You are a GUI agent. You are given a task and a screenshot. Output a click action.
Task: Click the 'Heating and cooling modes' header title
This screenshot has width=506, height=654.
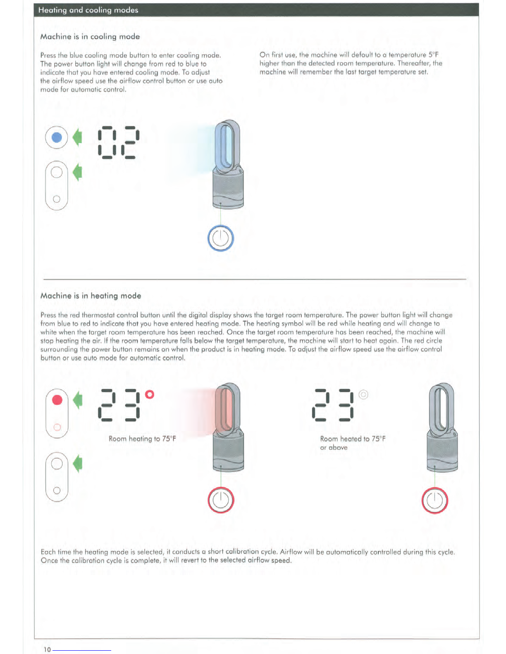tap(88, 10)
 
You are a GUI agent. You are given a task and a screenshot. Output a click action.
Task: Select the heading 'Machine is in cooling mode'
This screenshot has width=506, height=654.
tap(90, 37)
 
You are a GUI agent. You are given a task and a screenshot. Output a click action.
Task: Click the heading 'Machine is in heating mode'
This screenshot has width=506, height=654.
tap(91, 296)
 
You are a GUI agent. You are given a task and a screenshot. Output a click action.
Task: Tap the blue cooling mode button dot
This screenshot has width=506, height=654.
tap(57, 137)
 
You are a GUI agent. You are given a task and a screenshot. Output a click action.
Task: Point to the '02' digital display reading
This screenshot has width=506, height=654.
tap(118, 142)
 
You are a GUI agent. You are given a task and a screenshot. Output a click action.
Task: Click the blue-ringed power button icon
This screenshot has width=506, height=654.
tap(221, 238)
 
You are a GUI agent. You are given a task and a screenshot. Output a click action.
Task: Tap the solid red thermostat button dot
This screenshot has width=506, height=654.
tap(57, 400)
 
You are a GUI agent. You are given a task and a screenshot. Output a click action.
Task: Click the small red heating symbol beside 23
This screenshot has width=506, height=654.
tap(150, 394)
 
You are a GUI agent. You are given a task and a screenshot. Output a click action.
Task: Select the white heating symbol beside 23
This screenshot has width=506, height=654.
tap(363, 394)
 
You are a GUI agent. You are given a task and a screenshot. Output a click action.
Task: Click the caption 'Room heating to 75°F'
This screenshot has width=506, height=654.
tap(142, 438)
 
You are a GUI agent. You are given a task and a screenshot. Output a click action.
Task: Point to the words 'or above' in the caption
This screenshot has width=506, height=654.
tap(334, 448)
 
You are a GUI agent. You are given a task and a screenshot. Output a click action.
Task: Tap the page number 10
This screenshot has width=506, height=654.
tap(47, 649)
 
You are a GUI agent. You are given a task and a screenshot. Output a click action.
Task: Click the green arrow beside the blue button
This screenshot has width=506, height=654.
tap(77, 137)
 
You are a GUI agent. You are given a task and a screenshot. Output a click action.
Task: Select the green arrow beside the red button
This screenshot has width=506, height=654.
tap(78, 400)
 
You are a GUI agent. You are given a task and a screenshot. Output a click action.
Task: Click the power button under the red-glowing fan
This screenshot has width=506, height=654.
tap(221, 500)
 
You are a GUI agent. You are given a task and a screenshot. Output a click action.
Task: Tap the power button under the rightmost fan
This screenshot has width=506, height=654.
tap(434, 500)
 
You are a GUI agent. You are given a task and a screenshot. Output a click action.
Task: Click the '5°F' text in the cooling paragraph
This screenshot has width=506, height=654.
tap(433, 55)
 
